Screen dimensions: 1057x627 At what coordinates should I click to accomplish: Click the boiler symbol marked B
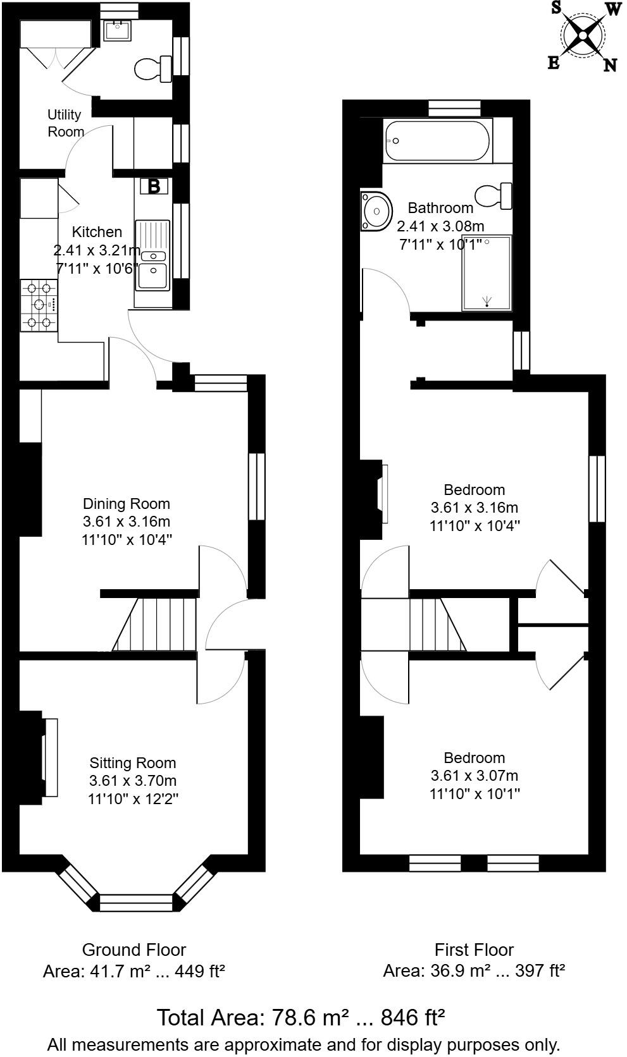[x=154, y=186]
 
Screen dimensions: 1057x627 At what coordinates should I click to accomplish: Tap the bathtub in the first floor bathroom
[x=437, y=140]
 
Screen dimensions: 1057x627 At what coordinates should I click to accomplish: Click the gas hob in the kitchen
[x=39, y=305]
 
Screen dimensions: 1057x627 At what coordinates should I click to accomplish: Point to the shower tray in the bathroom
[x=486, y=273]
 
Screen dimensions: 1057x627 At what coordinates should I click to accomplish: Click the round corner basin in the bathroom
[x=376, y=211]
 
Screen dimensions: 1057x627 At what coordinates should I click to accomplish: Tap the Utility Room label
[x=65, y=123]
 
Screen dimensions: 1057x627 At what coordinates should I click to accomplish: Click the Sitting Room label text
[x=133, y=762]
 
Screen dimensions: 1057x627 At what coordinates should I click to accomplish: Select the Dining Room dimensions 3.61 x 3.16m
[x=127, y=522]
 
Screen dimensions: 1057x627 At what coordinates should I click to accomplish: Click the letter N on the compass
[x=609, y=65]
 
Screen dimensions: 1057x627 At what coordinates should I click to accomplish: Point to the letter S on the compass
[x=556, y=8]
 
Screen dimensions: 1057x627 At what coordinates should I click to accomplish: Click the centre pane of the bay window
[x=136, y=902]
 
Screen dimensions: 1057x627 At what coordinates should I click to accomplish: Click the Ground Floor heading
[x=134, y=950]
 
